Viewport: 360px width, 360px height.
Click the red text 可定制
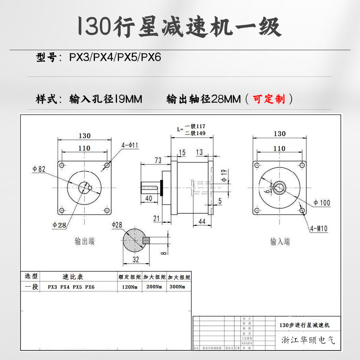(x=269, y=99)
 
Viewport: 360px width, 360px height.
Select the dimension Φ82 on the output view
(x=39, y=169)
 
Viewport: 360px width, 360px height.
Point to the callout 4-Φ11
(x=130, y=145)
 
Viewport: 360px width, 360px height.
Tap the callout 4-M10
(x=319, y=229)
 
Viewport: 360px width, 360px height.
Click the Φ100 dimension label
(x=322, y=203)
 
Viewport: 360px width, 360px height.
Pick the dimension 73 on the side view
(x=158, y=161)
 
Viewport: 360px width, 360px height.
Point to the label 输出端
(x=85, y=242)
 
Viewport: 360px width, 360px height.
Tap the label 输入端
(x=280, y=242)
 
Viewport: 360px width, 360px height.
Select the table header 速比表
(x=72, y=277)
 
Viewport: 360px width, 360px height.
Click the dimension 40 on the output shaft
(x=149, y=198)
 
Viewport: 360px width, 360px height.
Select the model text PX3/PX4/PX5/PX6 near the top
(x=115, y=57)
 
